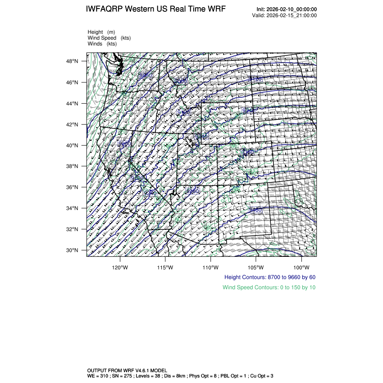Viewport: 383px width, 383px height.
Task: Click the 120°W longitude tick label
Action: tap(120, 266)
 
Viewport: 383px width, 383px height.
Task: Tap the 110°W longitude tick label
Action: tap(210, 266)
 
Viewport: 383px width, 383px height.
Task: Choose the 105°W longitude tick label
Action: tap(255, 266)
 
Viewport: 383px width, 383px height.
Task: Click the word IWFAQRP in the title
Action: tap(105, 9)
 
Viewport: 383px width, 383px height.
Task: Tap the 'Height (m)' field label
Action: tap(101, 32)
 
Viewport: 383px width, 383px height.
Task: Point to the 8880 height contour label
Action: tap(146, 76)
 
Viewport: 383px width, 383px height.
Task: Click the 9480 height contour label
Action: tap(256, 210)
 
